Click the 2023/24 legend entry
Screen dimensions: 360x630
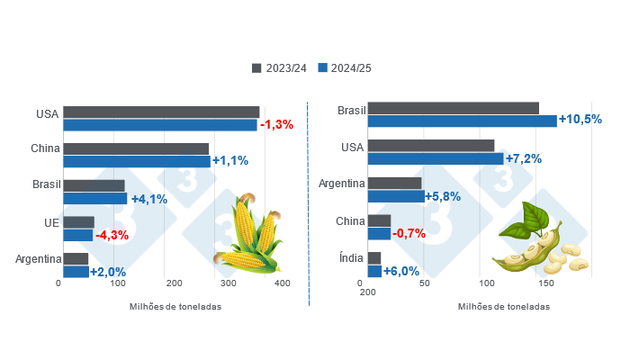280,68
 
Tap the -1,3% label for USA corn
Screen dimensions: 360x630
276,124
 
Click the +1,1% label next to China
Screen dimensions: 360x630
229,161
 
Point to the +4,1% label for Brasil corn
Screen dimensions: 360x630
148,199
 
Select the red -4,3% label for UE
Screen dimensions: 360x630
112,235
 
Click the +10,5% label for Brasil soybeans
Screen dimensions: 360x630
580,120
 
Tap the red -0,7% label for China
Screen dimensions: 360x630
409,234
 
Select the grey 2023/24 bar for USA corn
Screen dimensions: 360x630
161,112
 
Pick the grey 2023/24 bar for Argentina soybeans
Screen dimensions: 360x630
395,184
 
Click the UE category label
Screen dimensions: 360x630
51,222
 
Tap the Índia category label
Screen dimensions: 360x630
352,258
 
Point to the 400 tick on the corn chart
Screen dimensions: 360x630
283,283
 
